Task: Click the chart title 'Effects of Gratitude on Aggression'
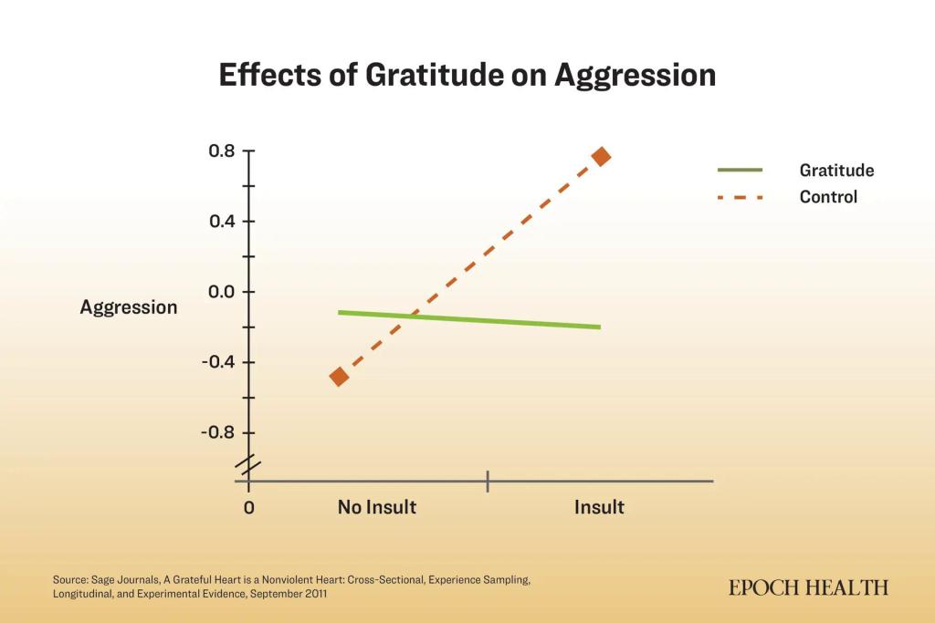coord(467,76)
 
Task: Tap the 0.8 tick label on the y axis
coord(222,151)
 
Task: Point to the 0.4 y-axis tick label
coord(222,222)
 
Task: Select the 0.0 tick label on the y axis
coord(222,292)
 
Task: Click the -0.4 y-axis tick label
coord(218,362)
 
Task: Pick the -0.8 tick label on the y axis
coord(218,432)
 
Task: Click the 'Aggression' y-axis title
coord(129,307)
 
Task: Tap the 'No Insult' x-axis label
coord(377,507)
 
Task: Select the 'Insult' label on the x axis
coord(599,507)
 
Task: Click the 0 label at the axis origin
coord(249,508)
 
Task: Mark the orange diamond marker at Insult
coord(601,157)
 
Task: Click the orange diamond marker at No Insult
coord(339,377)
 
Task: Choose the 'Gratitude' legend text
coord(836,171)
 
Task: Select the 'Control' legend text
coord(828,197)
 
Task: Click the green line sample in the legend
coord(740,171)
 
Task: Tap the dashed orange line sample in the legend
coord(740,197)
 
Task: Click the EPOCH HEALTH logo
coord(809,588)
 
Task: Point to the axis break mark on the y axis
coord(248,466)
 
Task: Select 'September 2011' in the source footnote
coord(289,594)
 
